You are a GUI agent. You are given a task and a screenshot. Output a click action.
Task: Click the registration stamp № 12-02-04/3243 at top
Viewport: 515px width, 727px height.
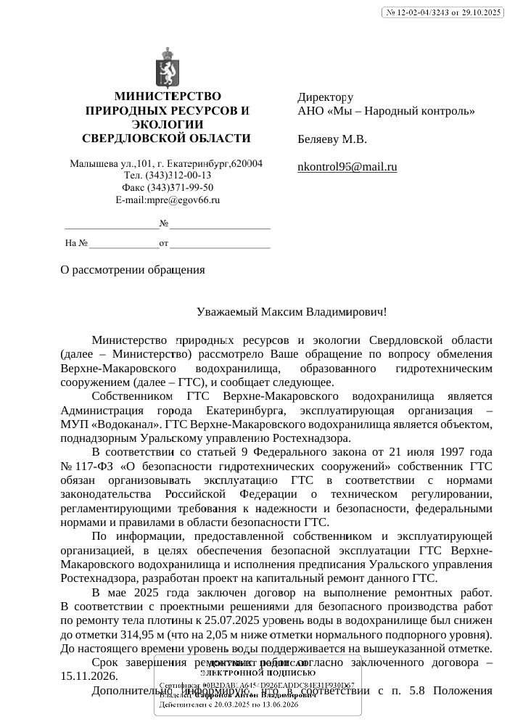tap(442, 12)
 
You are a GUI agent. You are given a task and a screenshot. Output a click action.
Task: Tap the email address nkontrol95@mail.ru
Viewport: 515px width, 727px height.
tap(347, 167)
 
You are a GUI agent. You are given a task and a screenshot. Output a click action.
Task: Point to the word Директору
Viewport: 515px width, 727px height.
tap(326, 97)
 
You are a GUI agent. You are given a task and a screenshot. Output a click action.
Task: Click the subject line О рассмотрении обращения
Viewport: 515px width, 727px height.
tap(133, 270)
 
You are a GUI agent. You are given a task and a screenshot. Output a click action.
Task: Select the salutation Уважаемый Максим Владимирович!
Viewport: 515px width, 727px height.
tap(292, 312)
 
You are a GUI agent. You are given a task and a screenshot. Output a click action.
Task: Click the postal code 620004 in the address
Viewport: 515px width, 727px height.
tap(247, 163)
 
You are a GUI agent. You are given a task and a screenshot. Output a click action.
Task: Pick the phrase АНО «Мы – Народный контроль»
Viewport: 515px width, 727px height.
tap(386, 111)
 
